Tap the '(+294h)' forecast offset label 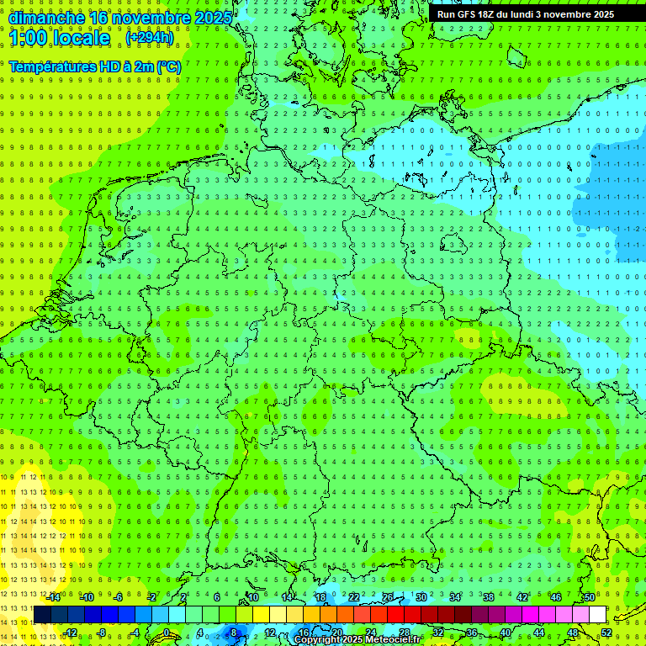click(150, 38)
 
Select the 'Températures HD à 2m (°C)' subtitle click(95, 66)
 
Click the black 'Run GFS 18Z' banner click(526, 14)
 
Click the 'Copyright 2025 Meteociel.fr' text click(358, 639)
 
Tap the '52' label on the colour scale click(606, 633)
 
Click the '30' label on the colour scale click(421, 597)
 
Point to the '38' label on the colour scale click(488, 597)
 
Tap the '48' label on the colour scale click(573, 633)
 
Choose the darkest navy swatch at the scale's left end click(42, 615)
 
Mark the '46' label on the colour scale click(555, 597)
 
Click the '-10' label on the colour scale click(87, 597)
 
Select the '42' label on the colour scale click(522, 597)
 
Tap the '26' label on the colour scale click(387, 597)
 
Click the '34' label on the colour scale click(454, 597)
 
